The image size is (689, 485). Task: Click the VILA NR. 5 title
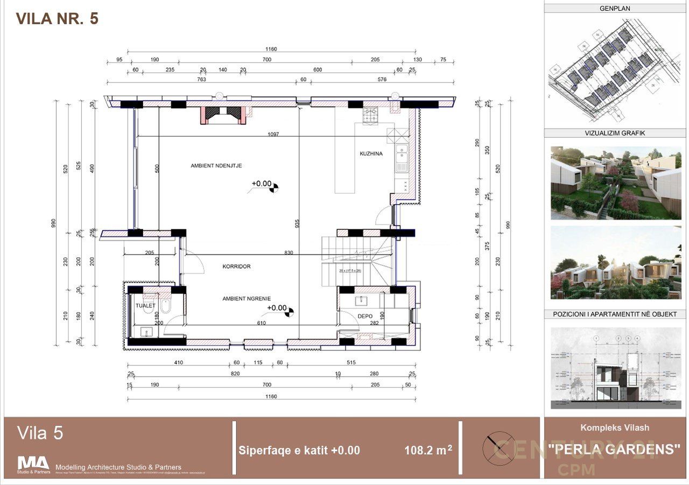(x=57, y=19)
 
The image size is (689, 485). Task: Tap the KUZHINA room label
(x=371, y=154)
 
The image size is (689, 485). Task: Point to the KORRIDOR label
(x=237, y=266)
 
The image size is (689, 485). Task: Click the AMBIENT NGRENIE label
(x=247, y=298)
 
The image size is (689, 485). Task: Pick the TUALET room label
(x=145, y=306)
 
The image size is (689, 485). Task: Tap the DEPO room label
(x=365, y=316)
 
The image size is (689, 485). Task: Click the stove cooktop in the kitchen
(x=371, y=116)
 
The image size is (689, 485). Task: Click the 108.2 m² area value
(x=428, y=451)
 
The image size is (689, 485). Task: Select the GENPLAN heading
(x=615, y=9)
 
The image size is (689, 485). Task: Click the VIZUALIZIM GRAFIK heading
(x=615, y=133)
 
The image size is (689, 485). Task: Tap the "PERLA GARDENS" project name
(x=614, y=448)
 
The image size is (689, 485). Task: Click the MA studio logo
(x=33, y=463)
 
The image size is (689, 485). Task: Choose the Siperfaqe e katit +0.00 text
(x=299, y=451)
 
